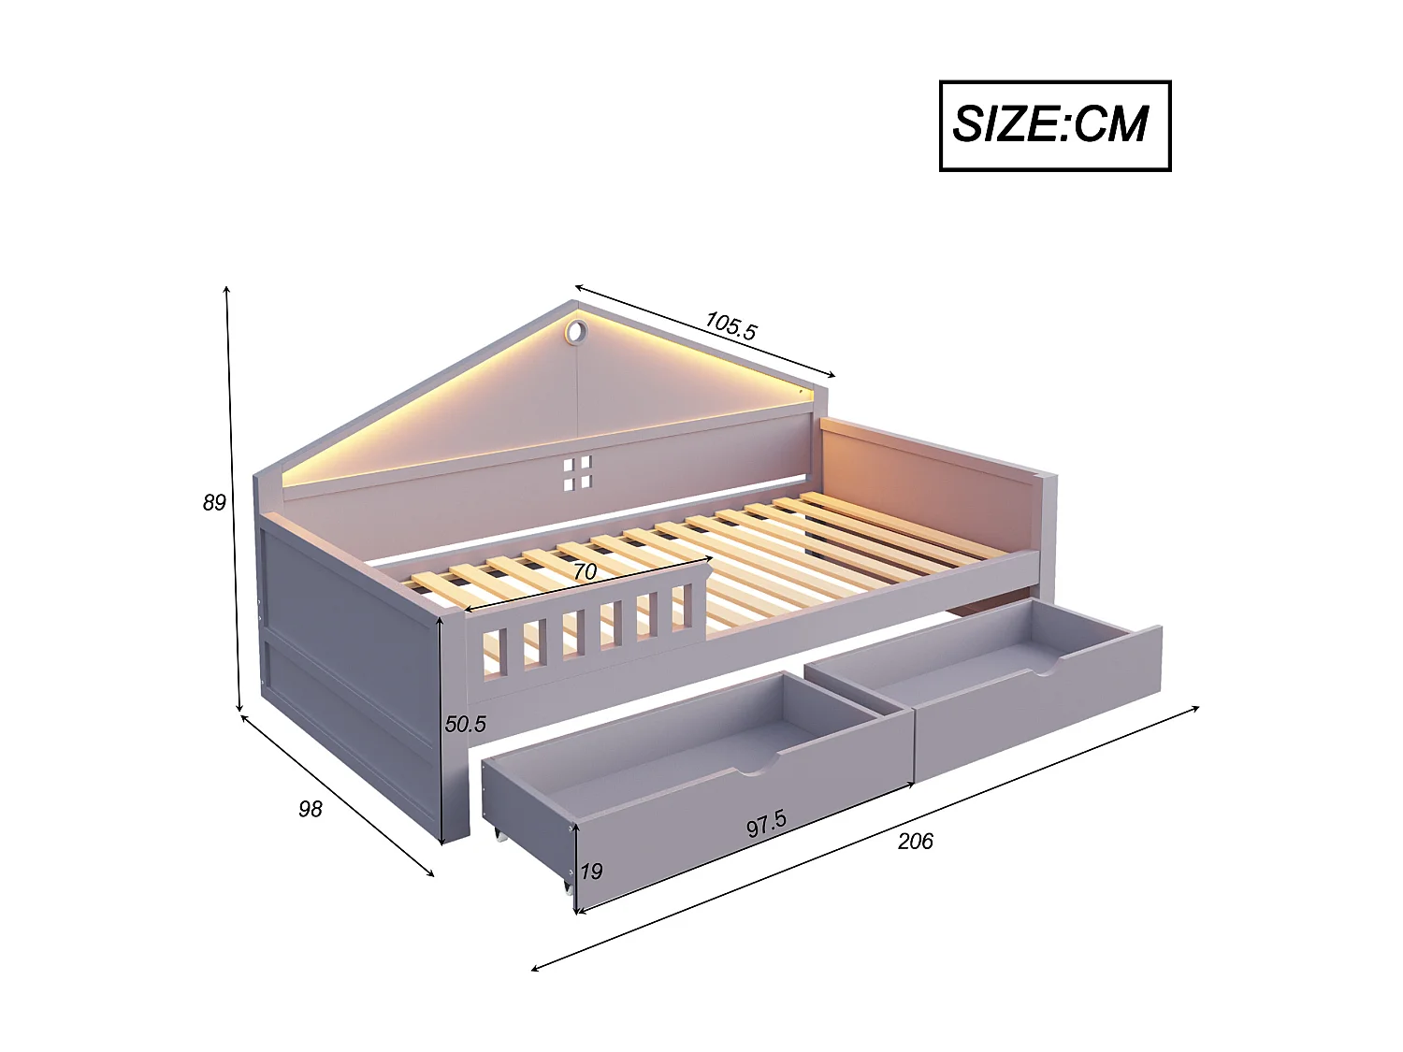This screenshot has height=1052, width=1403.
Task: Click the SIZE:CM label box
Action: click(x=1054, y=125)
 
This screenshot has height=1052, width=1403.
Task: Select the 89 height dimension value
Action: click(x=214, y=503)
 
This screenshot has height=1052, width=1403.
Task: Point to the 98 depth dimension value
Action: click(x=310, y=809)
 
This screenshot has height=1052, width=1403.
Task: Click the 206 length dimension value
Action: click(x=915, y=842)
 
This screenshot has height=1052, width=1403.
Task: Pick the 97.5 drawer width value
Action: click(x=766, y=824)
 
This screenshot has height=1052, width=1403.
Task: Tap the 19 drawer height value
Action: click(x=591, y=872)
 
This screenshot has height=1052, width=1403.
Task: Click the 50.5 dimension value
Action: click(x=465, y=724)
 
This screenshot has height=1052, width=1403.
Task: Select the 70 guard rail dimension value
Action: click(x=585, y=571)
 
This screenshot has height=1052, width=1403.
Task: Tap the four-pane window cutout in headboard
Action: click(x=577, y=474)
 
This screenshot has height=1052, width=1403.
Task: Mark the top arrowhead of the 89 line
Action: click(x=226, y=289)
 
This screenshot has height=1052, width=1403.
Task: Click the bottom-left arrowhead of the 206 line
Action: click(x=534, y=969)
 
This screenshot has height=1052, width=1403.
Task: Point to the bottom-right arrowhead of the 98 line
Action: click(x=432, y=874)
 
